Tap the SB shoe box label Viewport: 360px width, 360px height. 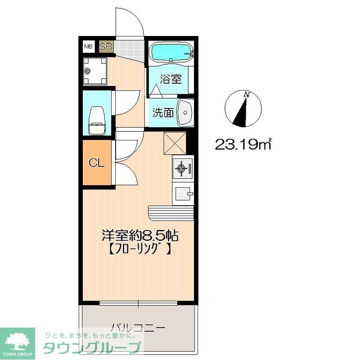point(106,46)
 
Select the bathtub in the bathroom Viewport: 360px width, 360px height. point(171,53)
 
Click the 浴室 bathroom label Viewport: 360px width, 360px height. point(171,80)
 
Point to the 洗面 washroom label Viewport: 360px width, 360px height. point(162,112)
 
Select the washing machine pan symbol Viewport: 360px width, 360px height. point(95,70)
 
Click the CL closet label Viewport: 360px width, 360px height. point(96,163)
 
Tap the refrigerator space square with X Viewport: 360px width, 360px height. point(175,143)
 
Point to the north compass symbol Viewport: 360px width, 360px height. point(242,108)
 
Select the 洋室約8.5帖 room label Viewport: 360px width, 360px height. point(141,235)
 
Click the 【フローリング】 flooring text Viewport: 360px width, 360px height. point(139,249)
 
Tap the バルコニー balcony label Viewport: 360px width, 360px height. point(138,327)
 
